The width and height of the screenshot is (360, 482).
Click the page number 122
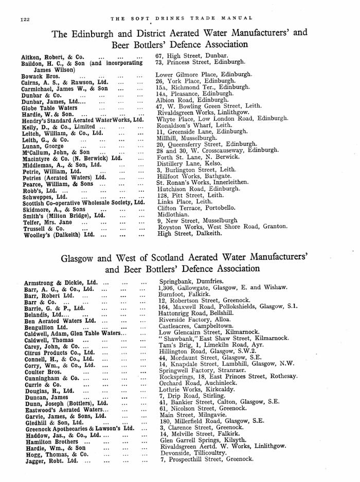pos(26,19)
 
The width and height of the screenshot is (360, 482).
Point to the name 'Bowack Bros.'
pos(39,76)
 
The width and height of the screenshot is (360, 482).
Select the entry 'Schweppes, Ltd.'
pos(44,197)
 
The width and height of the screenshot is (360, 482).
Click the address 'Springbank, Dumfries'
pos(191,282)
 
